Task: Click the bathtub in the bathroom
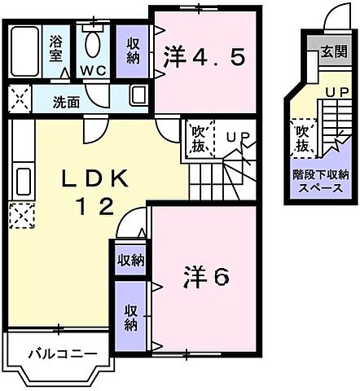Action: coord(28,51)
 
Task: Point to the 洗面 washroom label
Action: coord(66,103)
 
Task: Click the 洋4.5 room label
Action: coord(203,56)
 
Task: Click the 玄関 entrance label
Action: coord(332,52)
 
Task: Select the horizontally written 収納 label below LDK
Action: coord(130,261)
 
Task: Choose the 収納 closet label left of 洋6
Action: coord(130,316)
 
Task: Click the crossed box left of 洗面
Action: coord(15,99)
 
